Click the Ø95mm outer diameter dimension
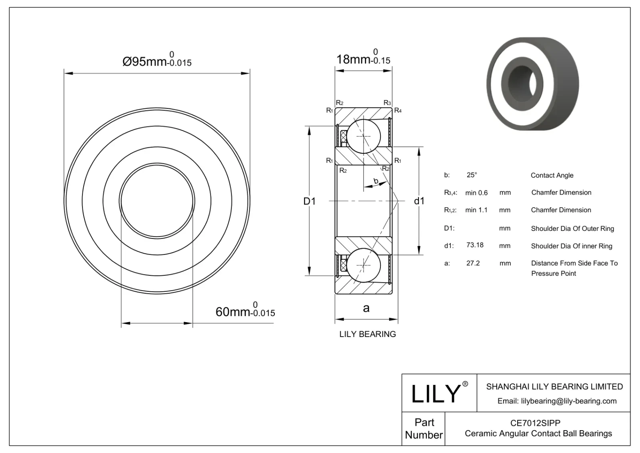[x=156, y=61]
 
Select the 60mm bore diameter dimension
[x=245, y=311]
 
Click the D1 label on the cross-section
[x=309, y=201]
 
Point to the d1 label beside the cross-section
[x=419, y=201]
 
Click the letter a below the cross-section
[x=366, y=308]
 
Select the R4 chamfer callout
[x=398, y=110]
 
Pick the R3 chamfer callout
[x=387, y=103]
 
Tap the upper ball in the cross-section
[x=364, y=136]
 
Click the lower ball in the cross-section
[x=364, y=265]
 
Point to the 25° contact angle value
[x=472, y=175]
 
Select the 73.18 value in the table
[x=475, y=245]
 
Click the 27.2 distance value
[x=473, y=263]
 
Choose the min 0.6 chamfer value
[x=476, y=192]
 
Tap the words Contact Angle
[x=552, y=175]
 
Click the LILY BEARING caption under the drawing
[x=367, y=334]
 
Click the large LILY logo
[x=436, y=393]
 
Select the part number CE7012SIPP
[x=535, y=423]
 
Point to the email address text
[x=557, y=401]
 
